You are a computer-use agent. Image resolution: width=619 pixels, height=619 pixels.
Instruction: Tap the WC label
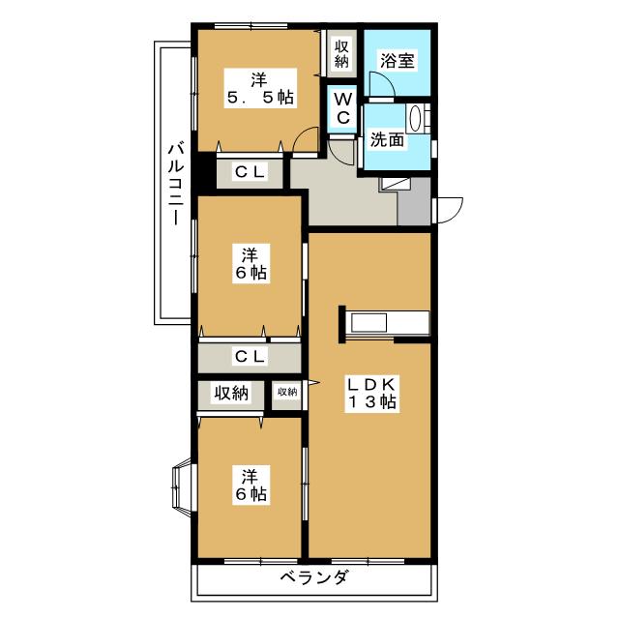click(342, 106)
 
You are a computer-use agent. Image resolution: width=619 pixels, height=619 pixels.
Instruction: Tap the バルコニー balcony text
click(175, 184)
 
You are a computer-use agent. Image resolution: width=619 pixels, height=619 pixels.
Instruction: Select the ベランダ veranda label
click(314, 579)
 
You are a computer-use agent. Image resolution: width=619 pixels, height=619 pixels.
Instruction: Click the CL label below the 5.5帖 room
click(249, 172)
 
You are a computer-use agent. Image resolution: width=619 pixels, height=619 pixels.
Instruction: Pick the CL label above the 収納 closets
click(249, 356)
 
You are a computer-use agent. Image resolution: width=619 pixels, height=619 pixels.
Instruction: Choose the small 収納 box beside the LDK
click(286, 393)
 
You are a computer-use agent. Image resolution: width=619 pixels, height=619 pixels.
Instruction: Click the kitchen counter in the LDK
click(386, 323)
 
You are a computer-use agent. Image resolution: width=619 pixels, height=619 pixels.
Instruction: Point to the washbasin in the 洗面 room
click(416, 122)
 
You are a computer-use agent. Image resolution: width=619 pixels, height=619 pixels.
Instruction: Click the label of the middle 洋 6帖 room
click(249, 263)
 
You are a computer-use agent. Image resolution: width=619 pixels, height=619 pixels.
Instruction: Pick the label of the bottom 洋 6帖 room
click(249, 484)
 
